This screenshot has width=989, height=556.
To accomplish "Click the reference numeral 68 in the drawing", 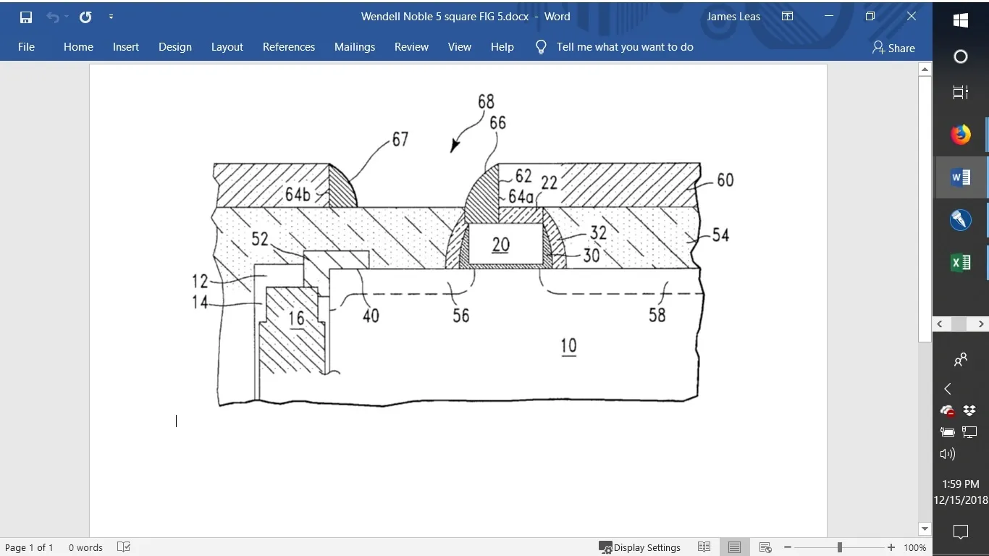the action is coord(486,101).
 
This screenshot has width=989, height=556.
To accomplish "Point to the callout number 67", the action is coord(400,140).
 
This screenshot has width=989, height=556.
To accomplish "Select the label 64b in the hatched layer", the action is coord(298,194).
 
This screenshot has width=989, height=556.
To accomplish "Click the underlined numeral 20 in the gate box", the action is coord(501,245).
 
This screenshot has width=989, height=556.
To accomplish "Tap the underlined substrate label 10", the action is coord(568,346).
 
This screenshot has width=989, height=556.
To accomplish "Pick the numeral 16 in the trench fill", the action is coord(296,319).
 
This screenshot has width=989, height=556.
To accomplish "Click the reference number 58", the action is coord(657,316).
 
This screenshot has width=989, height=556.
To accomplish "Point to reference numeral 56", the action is coord(461,316).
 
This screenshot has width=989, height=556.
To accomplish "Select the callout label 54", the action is coord(720,235).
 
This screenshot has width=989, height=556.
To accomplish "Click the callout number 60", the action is coord(725,180).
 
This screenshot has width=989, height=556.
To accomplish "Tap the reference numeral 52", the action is coord(260,240).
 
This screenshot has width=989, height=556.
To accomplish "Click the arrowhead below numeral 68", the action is coord(455,146).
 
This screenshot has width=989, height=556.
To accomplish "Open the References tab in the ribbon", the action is coord(289,47).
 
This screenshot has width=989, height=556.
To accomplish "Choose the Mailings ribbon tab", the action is coord(355,47).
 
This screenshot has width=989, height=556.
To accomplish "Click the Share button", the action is coord(893,48).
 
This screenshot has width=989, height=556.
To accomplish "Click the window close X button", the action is coord(912,17).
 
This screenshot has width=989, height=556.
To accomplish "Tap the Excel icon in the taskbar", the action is coord(961,263).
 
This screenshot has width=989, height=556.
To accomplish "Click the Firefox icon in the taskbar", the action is coord(961,135).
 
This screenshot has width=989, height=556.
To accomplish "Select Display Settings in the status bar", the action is coord(639,547).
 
